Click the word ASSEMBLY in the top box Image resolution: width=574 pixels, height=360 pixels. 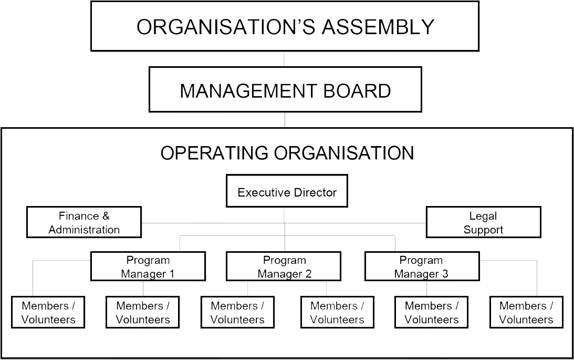[378, 27]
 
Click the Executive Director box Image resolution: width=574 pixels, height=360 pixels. [287, 191]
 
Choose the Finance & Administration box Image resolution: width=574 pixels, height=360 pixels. [84, 222]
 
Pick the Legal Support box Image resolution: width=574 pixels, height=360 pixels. [483, 222]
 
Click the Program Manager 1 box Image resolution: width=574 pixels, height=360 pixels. [148, 266]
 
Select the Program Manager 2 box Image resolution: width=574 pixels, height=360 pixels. [284, 266]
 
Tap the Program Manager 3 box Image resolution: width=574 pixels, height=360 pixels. [422, 266]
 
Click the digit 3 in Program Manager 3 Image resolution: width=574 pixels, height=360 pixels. [445, 274]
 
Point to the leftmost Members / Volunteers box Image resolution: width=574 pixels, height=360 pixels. [48, 312]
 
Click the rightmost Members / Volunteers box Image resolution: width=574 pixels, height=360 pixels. [526, 312]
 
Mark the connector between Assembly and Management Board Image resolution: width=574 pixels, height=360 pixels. [284, 59]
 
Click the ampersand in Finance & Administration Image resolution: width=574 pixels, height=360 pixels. [106, 215]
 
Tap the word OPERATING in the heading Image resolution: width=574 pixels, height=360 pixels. [214, 153]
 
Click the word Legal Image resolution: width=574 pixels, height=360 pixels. [483, 217]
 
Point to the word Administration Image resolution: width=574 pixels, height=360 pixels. [84, 230]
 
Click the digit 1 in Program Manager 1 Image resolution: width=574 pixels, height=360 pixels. [171, 274]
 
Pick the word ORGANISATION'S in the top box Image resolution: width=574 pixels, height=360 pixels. [226, 27]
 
